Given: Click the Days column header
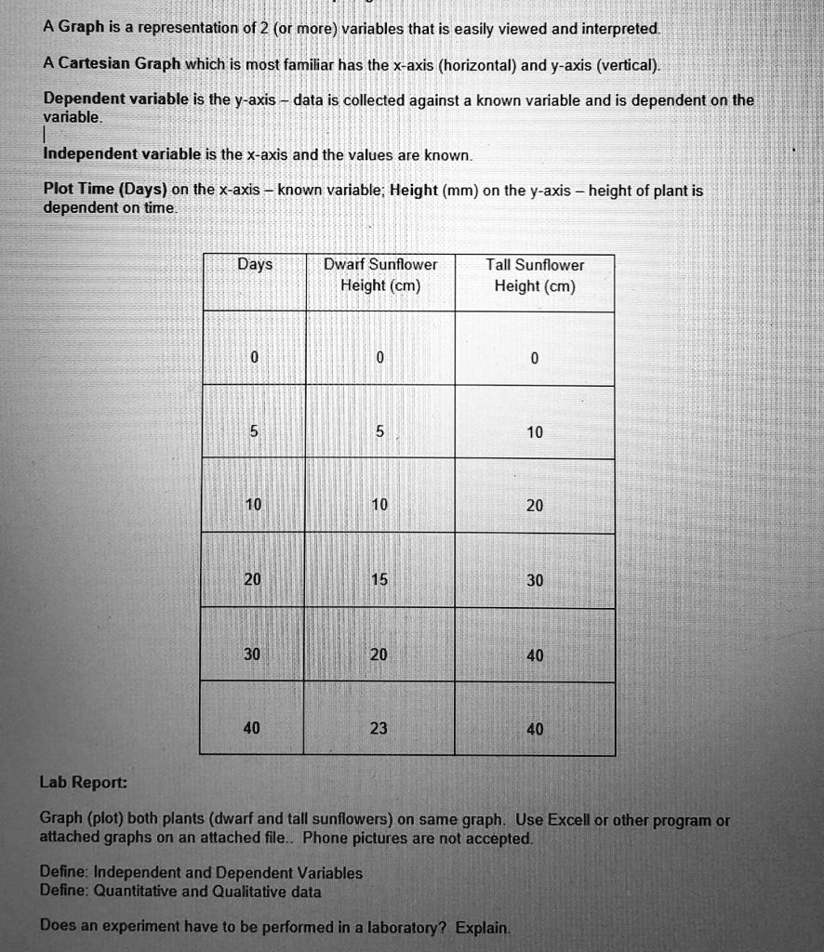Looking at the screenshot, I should [254, 264].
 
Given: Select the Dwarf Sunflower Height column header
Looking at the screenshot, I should [379, 275].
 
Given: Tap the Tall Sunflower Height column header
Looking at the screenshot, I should [535, 275].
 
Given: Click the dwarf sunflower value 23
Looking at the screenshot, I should [379, 729].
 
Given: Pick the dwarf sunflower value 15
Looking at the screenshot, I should [379, 580].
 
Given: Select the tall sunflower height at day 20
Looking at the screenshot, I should [535, 580].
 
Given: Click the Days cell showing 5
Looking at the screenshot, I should [253, 431].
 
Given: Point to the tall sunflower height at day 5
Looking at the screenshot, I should [535, 432].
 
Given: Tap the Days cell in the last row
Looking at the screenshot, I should [252, 729].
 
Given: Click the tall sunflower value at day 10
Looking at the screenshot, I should [535, 506].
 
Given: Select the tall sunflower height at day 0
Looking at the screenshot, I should [535, 359].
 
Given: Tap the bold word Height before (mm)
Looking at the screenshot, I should [413, 189].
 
